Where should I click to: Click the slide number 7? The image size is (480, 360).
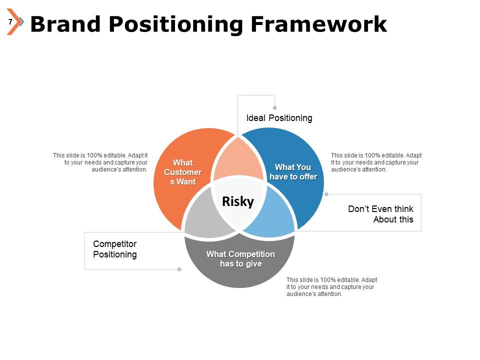click(10, 22)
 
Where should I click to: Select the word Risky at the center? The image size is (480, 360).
click(238, 201)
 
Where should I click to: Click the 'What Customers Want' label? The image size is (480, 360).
click(182, 172)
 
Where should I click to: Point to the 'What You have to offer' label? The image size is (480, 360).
click(293, 172)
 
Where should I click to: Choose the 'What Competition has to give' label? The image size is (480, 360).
click(240, 259)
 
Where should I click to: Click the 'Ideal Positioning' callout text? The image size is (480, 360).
click(279, 118)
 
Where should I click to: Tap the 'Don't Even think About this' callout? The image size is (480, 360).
click(380, 214)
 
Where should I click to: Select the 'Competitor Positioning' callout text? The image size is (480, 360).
click(115, 249)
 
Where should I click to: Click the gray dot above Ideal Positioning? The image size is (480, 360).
click(274, 107)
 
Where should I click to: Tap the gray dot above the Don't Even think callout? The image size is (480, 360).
click(326, 194)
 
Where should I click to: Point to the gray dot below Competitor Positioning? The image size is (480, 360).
click(179, 269)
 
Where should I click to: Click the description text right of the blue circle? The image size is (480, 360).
click(376, 162)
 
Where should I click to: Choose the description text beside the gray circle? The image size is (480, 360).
click(331, 287)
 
